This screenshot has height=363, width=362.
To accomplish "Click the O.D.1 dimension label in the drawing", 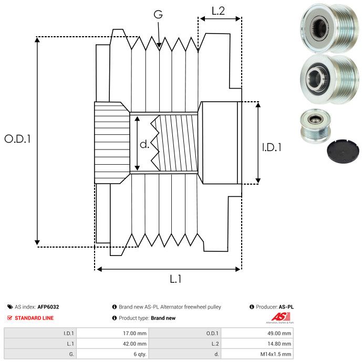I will click(18, 139).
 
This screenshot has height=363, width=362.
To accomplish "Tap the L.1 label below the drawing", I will click(175, 279).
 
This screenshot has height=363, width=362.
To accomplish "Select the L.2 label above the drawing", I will click(218, 10).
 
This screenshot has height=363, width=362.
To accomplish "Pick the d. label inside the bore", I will click(144, 144).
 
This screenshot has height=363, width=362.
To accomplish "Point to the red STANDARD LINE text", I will click(34, 318).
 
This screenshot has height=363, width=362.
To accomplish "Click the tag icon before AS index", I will click(10, 307).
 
